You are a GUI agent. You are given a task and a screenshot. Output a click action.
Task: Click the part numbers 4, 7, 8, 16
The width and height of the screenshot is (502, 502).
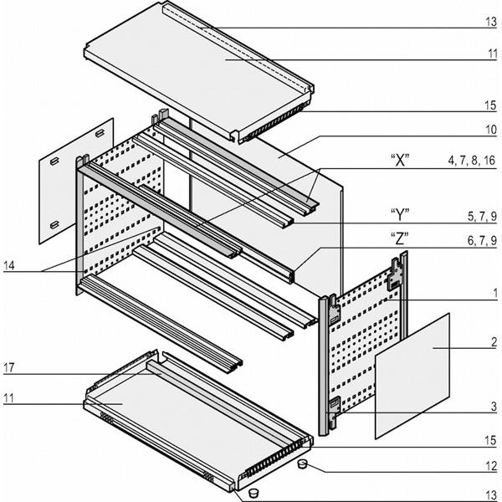click(472, 158)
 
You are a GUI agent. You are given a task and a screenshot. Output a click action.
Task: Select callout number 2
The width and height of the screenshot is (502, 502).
click(494, 342)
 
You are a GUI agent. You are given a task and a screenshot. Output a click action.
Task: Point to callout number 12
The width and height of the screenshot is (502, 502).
click(493, 470)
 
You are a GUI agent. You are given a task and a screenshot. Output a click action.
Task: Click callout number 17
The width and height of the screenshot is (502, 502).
click(9, 366)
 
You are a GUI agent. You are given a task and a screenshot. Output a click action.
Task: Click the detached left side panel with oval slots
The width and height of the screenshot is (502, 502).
click(75, 180)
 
